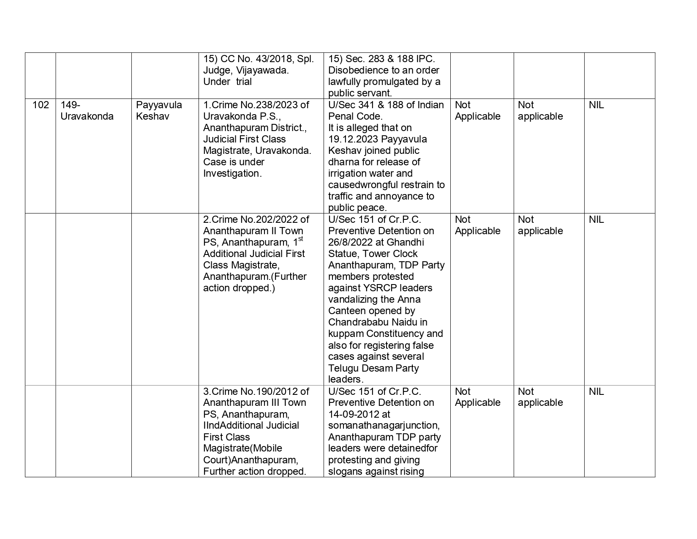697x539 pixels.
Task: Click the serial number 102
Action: pyautogui.click(x=41, y=105)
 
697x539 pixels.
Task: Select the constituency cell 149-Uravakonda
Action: pyautogui.click(x=87, y=111)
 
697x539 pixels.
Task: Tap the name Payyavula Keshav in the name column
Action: pyautogui.click(x=159, y=111)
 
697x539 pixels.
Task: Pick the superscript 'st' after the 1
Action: pyautogui.click(x=300, y=239)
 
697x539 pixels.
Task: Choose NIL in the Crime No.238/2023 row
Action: pyautogui.click(x=596, y=105)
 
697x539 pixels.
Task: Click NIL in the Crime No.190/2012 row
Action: pyautogui.click(x=596, y=391)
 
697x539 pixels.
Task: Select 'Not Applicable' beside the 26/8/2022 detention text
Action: pyautogui.click(x=477, y=225)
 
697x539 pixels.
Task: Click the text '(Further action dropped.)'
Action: pyautogui.click(x=255, y=282)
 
